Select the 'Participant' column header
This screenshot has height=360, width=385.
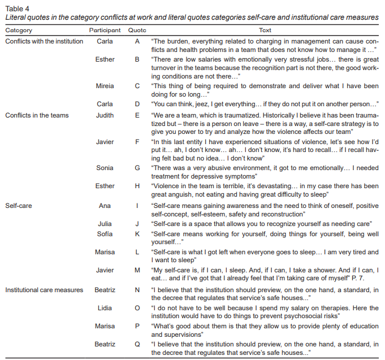coord(105,30)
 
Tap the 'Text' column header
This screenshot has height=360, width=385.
coord(265,30)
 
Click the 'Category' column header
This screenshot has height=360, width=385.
coord(19,30)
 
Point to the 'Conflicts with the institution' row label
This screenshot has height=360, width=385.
coord(44,41)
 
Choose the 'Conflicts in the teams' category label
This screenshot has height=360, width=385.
coord(37,115)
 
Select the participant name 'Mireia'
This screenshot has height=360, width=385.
coord(105,86)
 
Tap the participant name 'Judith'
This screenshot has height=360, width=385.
coord(105,115)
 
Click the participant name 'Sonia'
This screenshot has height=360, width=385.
coord(105,168)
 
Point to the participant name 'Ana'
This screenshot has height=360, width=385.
coord(105,206)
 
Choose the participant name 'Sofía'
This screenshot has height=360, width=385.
coord(105,233)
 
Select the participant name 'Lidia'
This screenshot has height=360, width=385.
coord(105,308)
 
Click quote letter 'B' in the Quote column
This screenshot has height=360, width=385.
coord(137,59)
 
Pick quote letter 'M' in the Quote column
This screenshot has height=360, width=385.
coord(137,270)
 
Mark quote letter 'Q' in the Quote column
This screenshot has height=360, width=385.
coord(137,343)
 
